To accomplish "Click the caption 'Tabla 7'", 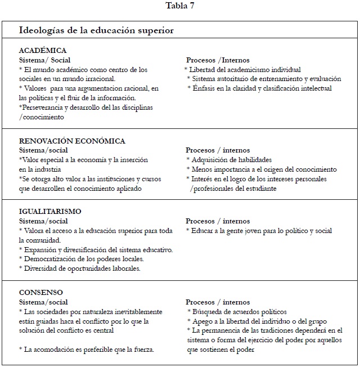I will [180, 6].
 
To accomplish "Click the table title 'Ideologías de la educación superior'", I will [96, 30].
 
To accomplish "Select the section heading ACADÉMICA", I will [43, 51].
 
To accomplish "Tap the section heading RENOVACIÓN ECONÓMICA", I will [72, 141].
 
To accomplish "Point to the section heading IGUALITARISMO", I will [50, 212].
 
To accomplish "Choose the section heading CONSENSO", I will [41, 293].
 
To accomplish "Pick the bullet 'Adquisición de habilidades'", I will [231, 160].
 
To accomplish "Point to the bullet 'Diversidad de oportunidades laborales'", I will [79, 268].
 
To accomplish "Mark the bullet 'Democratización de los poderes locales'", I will [81, 259].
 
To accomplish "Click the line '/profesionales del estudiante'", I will [233, 189].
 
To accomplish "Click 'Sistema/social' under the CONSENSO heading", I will [43, 302].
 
